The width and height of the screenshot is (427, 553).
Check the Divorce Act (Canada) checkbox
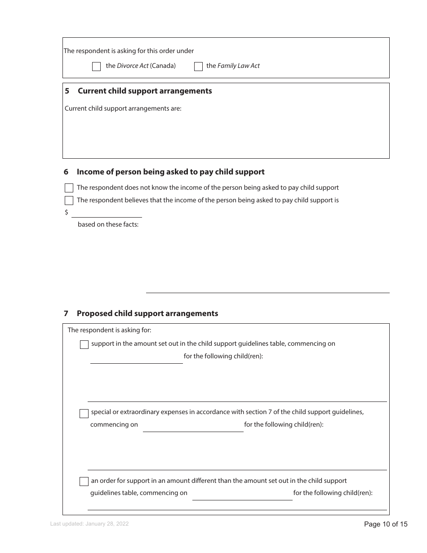coord(96,67)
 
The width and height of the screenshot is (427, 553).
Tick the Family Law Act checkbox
coord(198,67)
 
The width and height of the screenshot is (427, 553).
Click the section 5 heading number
coord(67,91)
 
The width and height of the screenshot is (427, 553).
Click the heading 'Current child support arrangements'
coord(145,91)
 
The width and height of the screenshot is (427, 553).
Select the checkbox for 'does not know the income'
coord(69,188)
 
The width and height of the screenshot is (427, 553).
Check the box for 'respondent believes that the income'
coord(69,201)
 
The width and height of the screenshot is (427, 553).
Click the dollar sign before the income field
coord(67,212)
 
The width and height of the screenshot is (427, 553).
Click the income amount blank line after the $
coord(107,213)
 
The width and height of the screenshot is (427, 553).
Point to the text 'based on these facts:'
coord(108,224)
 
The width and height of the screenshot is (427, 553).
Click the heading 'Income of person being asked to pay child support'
coord(170,172)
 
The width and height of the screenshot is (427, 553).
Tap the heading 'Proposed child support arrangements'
coord(147,313)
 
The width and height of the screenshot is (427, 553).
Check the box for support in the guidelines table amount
coord(84,345)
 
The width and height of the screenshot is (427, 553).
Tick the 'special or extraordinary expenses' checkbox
coord(84,413)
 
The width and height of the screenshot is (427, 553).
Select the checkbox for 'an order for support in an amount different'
coord(84,482)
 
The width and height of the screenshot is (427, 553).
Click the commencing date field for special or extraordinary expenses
coord(193,427)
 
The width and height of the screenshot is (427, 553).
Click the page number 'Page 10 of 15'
coord(386,524)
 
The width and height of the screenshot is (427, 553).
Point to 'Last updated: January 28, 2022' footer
coord(89,524)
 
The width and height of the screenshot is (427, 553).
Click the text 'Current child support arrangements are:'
coord(123,108)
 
